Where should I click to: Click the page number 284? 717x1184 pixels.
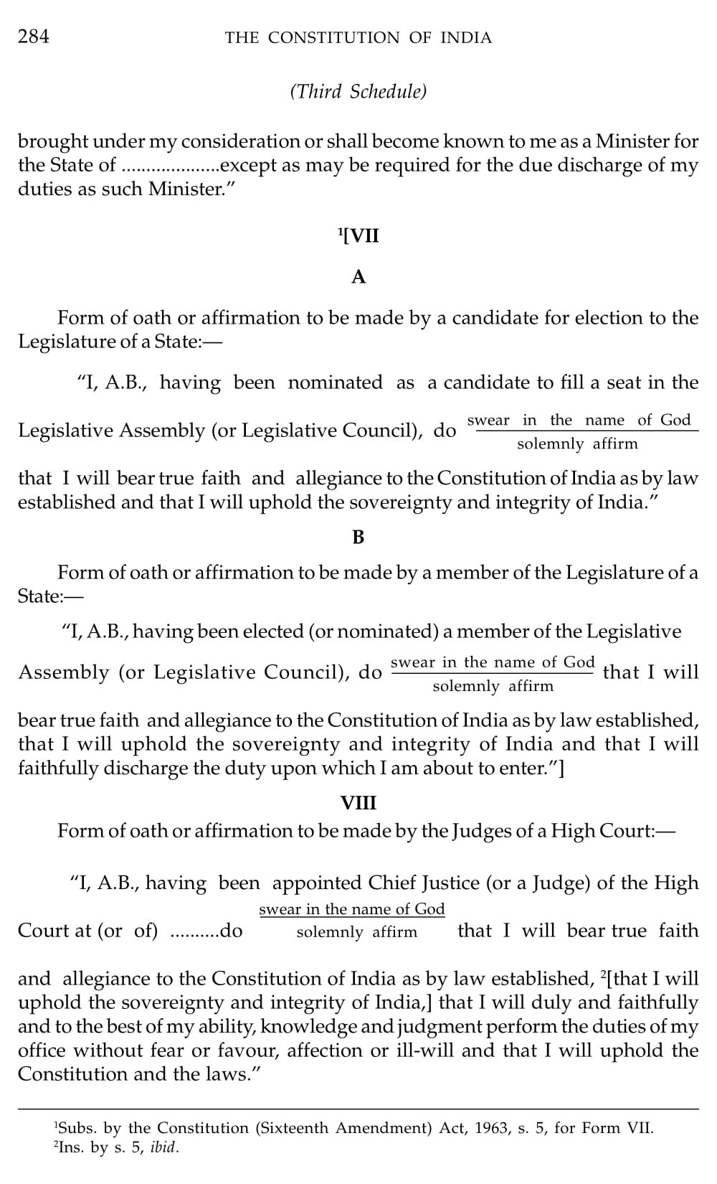34,37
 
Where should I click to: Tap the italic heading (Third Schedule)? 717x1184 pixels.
358,91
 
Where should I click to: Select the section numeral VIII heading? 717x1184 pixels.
358,803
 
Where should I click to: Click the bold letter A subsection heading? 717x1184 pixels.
358,277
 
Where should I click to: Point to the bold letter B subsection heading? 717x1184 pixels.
358,537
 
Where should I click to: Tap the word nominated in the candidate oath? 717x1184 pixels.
335,382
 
